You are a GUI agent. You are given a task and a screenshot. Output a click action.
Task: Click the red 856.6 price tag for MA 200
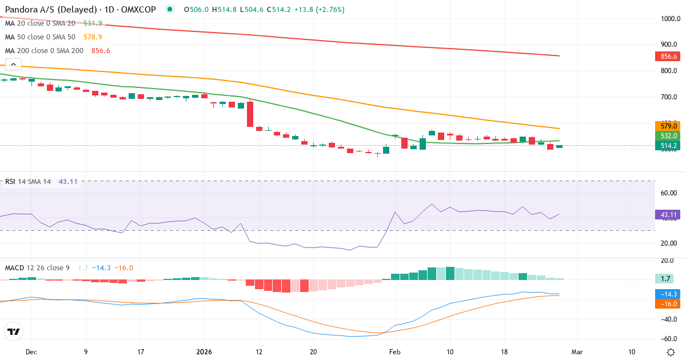666,57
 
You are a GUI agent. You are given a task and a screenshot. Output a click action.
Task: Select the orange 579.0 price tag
666,126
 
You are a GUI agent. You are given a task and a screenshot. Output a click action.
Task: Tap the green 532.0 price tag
666,136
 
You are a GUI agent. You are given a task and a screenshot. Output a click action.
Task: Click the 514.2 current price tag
666,146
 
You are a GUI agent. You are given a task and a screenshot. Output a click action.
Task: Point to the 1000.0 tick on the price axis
669,19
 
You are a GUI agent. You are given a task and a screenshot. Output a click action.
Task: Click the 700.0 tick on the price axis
669,97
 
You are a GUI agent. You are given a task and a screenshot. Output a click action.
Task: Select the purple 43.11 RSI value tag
666,215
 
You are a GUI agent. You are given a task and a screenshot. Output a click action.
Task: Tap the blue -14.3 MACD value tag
666,294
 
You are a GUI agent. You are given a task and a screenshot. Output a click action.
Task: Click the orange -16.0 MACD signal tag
666,304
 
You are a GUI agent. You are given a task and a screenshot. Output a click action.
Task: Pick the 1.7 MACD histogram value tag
666,279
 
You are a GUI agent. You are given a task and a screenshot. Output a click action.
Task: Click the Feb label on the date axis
395,352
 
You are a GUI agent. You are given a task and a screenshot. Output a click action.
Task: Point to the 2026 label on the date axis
204,352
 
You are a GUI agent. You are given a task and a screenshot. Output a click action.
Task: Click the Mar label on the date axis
577,352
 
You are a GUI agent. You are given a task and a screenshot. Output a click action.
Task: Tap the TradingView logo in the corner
14,331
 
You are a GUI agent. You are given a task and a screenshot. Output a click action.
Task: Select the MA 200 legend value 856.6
101,51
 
